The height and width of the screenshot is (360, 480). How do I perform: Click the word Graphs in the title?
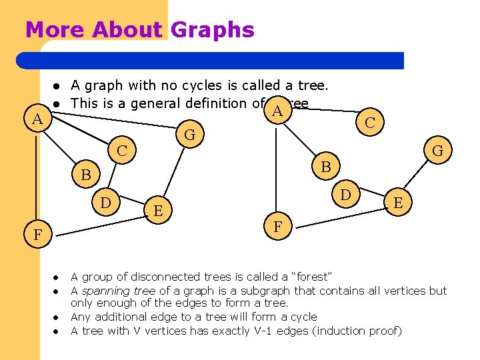(213, 30)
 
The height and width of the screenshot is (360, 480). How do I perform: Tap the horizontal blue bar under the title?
(213, 61)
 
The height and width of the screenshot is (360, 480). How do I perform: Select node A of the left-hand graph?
(39, 120)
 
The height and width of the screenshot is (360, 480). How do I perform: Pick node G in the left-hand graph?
(189, 135)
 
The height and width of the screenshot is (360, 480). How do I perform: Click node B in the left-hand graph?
(85, 176)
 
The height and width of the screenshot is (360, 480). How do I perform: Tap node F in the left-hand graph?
(38, 235)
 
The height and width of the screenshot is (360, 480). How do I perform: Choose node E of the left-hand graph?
(158, 210)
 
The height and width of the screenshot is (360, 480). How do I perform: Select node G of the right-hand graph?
(437, 151)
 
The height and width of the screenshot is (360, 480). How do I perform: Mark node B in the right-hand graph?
(326, 165)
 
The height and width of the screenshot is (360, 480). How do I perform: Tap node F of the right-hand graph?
(278, 227)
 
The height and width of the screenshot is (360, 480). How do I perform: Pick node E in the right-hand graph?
(397, 202)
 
